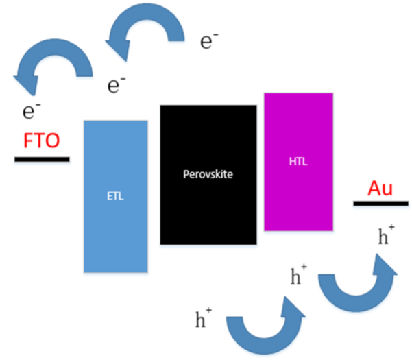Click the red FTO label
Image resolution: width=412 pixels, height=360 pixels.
point(41,141)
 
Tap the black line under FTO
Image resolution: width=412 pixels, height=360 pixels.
point(41,159)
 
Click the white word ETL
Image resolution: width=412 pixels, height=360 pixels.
point(116,196)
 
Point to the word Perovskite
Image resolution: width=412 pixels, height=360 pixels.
point(208,174)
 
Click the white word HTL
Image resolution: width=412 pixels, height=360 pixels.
point(298,163)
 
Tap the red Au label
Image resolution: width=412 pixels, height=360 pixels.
point(380,188)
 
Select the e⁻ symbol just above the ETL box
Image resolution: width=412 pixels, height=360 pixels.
point(117,85)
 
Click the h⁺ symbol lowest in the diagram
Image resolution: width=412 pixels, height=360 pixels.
point(204,318)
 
